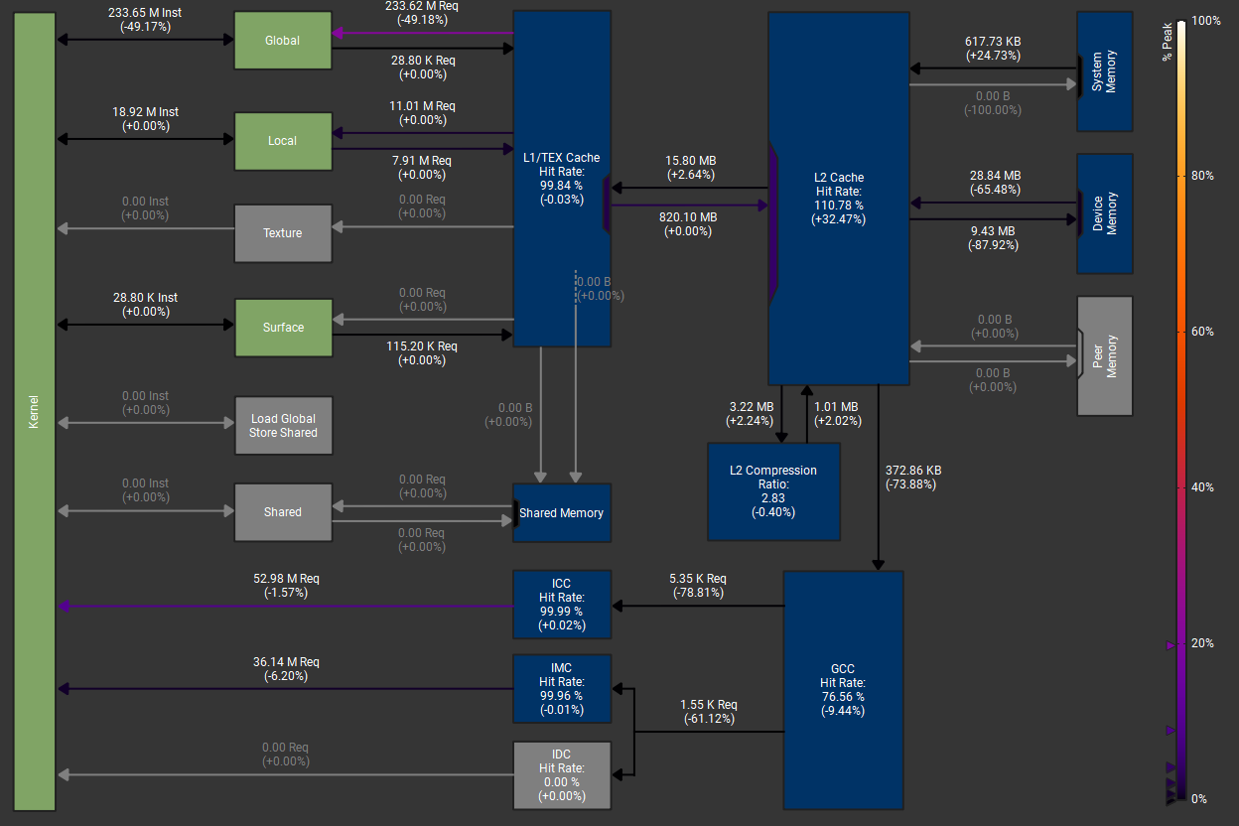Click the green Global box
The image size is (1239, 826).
[x=282, y=41]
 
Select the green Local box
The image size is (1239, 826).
[x=282, y=140]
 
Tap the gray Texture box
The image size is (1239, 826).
[x=282, y=233]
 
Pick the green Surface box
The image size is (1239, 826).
[x=282, y=328]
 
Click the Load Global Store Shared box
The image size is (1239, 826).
[x=282, y=426]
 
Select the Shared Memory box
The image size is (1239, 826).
[x=562, y=512]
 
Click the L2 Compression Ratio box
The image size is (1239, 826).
[x=773, y=491]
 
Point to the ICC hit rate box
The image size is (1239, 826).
[x=562, y=604]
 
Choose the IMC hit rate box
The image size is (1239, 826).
[x=562, y=688]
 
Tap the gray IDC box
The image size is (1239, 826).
[x=562, y=774]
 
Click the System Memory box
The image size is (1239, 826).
[x=1104, y=71]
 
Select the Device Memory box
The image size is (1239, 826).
[x=1104, y=213]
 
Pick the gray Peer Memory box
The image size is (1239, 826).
[x=1104, y=355]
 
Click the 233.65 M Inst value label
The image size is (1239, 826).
[x=145, y=13]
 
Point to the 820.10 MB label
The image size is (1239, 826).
[x=687, y=217]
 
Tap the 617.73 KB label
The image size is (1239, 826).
[x=993, y=42]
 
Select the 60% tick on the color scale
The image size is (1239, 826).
[x=1201, y=332]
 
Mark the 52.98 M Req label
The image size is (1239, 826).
[x=286, y=578]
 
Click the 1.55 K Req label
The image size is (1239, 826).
[x=709, y=705]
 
